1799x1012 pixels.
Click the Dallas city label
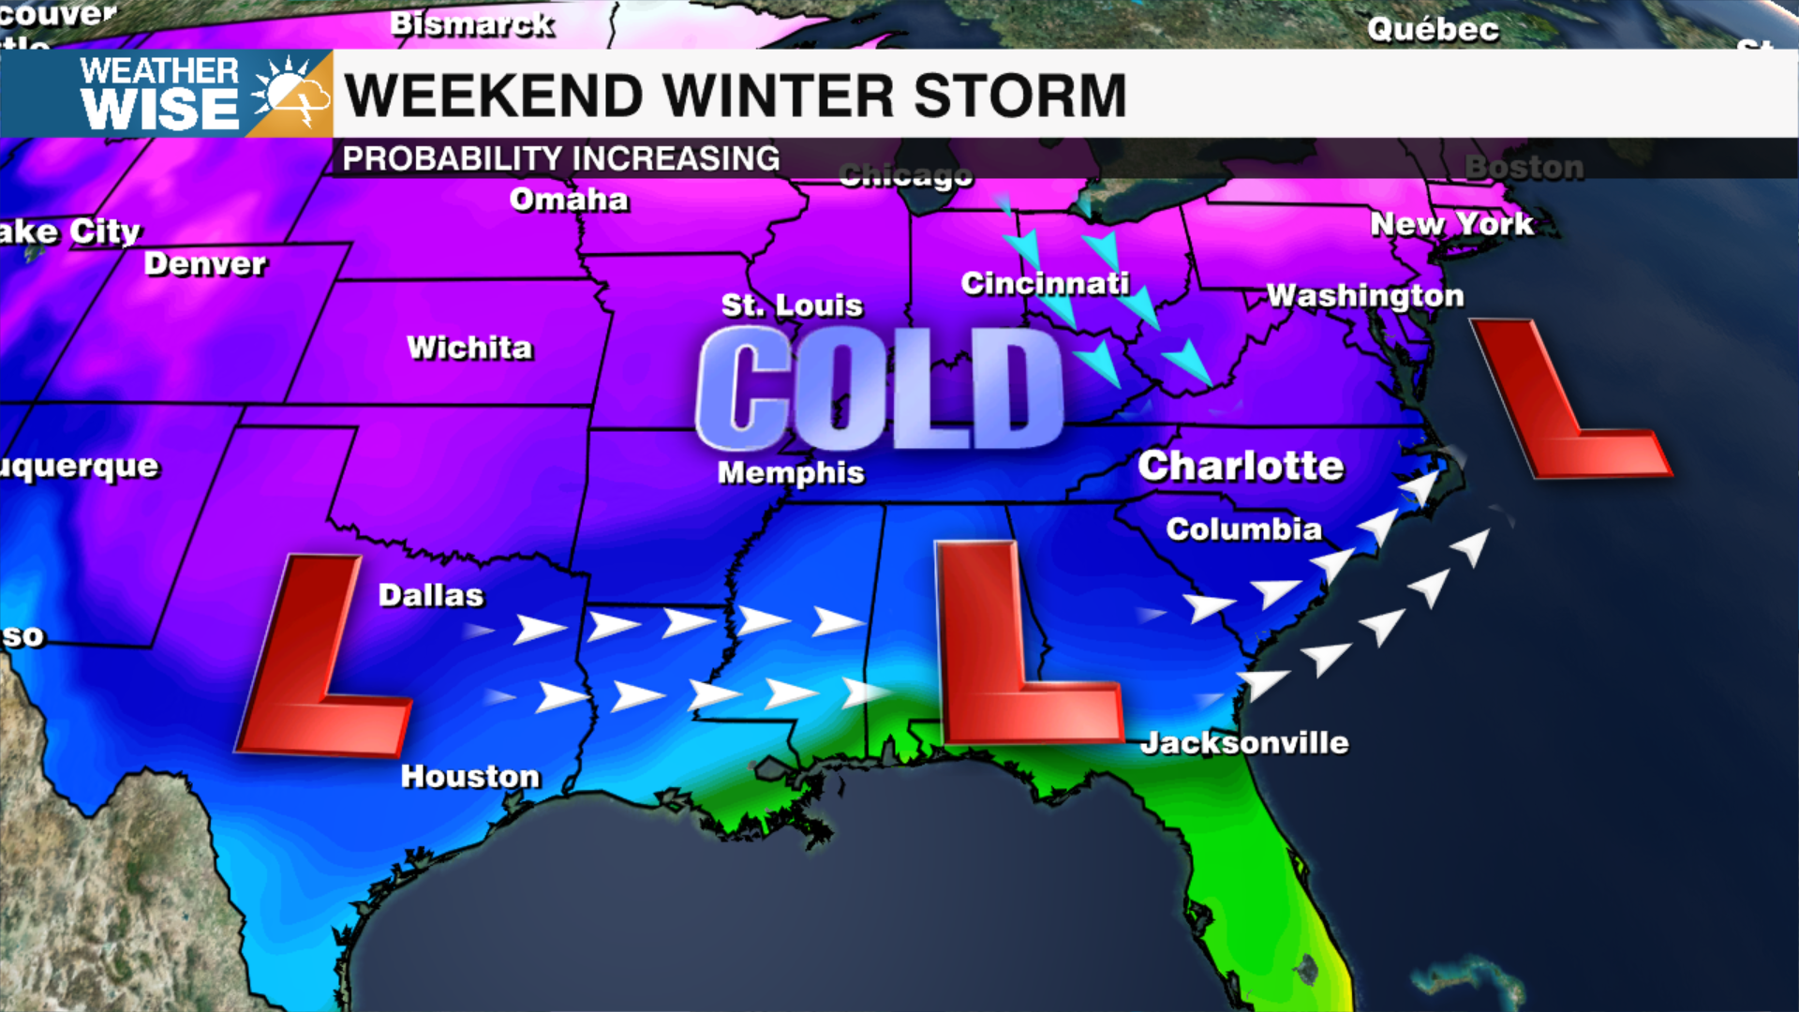click(431, 595)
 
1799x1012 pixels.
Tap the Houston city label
click(470, 776)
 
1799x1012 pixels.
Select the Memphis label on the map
click(791, 472)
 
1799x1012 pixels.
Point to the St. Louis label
click(792, 305)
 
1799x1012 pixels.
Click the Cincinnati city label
click(1045, 283)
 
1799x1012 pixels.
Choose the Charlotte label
click(1241, 466)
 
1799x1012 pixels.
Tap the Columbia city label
click(1243, 528)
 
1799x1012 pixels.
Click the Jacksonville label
click(1244, 743)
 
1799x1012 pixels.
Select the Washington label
click(1364, 295)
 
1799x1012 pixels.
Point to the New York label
click(1451, 224)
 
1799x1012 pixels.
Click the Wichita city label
click(469, 348)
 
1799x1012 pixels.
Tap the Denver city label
click(205, 264)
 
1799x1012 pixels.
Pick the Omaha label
click(569, 200)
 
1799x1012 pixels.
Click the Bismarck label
click(472, 23)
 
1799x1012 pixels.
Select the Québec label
click(1433, 29)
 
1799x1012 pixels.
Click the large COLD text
click(879, 389)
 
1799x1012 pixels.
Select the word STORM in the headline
click(1019, 96)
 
